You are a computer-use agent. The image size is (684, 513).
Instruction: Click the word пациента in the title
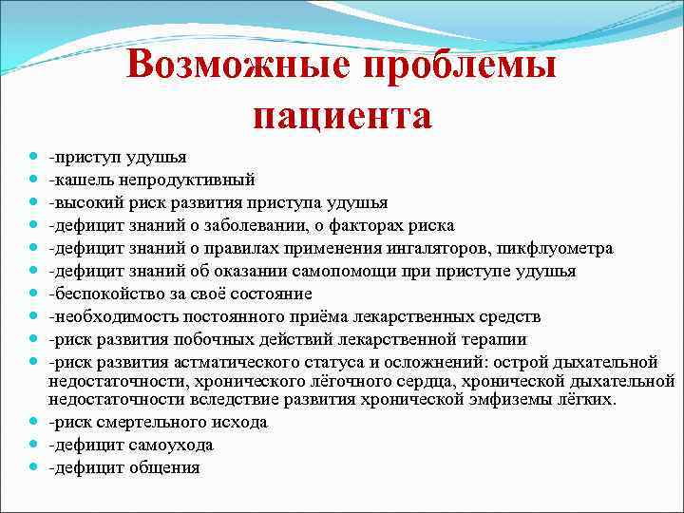click(342, 116)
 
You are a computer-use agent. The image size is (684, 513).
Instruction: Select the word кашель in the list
click(81, 180)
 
